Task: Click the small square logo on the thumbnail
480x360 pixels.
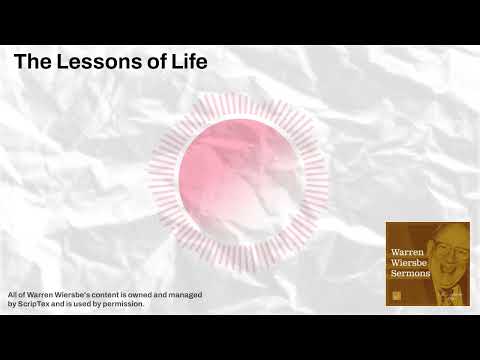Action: (x=395, y=294)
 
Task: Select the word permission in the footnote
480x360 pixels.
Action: (x=122, y=304)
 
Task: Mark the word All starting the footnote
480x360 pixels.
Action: (x=12, y=295)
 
